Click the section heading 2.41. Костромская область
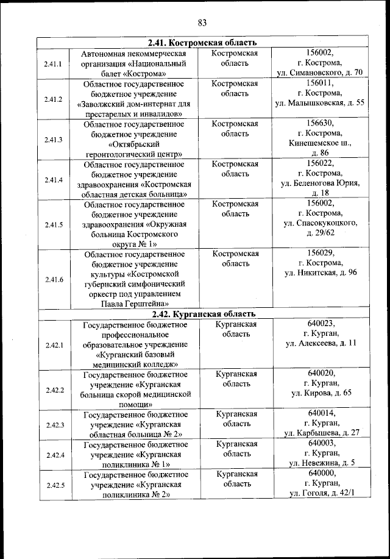tap(202, 43)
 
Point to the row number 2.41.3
tap(54, 140)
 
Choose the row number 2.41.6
tap(54, 279)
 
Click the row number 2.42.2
tap(54, 389)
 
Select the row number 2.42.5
tap(54, 485)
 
